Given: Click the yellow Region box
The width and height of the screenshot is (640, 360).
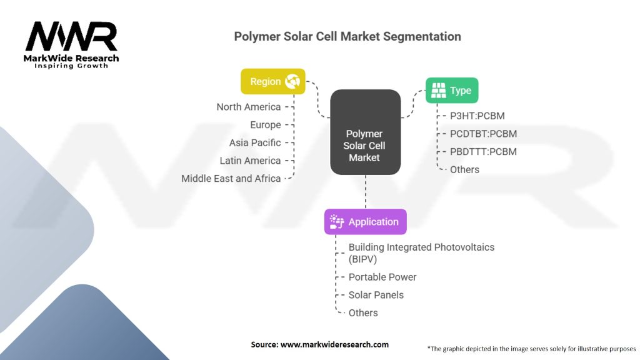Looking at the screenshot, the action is [273, 81].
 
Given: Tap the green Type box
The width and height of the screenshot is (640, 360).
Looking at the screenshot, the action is [452, 90].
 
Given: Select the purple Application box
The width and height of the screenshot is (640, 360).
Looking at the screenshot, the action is [365, 222].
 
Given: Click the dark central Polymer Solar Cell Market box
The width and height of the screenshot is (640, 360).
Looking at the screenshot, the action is [365, 132].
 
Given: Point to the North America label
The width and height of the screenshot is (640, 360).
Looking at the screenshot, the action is [249, 107].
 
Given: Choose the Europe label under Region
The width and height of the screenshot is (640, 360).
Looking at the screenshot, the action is [265, 125].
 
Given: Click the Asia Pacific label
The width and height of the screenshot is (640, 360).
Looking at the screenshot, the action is [255, 143].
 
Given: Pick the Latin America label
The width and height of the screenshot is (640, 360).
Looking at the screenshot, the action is [250, 161].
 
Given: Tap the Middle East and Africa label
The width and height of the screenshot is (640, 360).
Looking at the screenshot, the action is [231, 179].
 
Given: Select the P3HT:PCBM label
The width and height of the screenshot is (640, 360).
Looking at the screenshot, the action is [477, 116].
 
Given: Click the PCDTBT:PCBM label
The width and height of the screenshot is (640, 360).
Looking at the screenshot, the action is [483, 134].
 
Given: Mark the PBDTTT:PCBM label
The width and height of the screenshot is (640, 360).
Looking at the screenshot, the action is [483, 152].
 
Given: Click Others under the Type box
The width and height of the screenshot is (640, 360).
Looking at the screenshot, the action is [464, 170].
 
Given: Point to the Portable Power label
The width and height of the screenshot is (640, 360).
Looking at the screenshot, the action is [382, 277].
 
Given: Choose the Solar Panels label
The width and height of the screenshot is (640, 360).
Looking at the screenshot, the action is [376, 295].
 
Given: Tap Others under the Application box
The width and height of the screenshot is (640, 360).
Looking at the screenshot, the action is [363, 313].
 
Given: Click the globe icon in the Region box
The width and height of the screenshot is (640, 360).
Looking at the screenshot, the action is [292, 81].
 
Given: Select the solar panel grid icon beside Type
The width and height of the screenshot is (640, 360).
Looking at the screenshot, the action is [439, 90].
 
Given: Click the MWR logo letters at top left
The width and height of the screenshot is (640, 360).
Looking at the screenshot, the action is [71, 36].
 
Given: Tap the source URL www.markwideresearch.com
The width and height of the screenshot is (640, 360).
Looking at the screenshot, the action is [334, 344].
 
